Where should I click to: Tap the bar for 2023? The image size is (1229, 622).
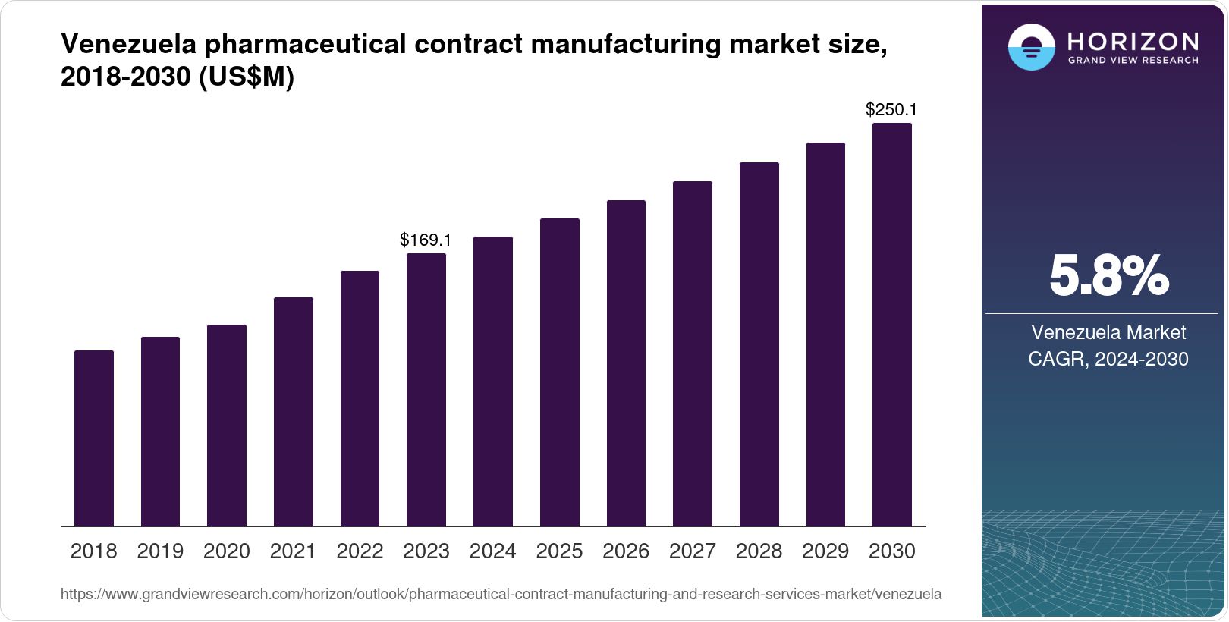[426, 390]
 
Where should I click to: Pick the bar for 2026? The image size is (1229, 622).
[626, 363]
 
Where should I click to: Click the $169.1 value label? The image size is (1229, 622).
[426, 240]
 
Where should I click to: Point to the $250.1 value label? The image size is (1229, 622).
[891, 110]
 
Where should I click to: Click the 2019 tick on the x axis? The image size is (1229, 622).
[160, 551]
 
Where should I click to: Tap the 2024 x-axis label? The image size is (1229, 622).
[492, 551]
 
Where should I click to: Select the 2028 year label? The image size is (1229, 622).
[759, 551]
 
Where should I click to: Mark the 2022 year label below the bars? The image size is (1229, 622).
[360, 551]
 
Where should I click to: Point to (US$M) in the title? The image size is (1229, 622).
[246, 77]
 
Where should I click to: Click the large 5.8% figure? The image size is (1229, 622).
[1108, 276]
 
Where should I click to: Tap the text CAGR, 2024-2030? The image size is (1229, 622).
[1108, 359]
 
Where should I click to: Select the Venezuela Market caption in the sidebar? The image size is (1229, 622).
[1108, 332]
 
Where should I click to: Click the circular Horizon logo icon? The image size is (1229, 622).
[1031, 48]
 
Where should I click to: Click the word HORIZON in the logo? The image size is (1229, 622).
[1133, 41]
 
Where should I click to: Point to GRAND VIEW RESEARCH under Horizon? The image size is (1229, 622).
[1133, 60]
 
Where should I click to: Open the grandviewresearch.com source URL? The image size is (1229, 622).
[501, 595]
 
